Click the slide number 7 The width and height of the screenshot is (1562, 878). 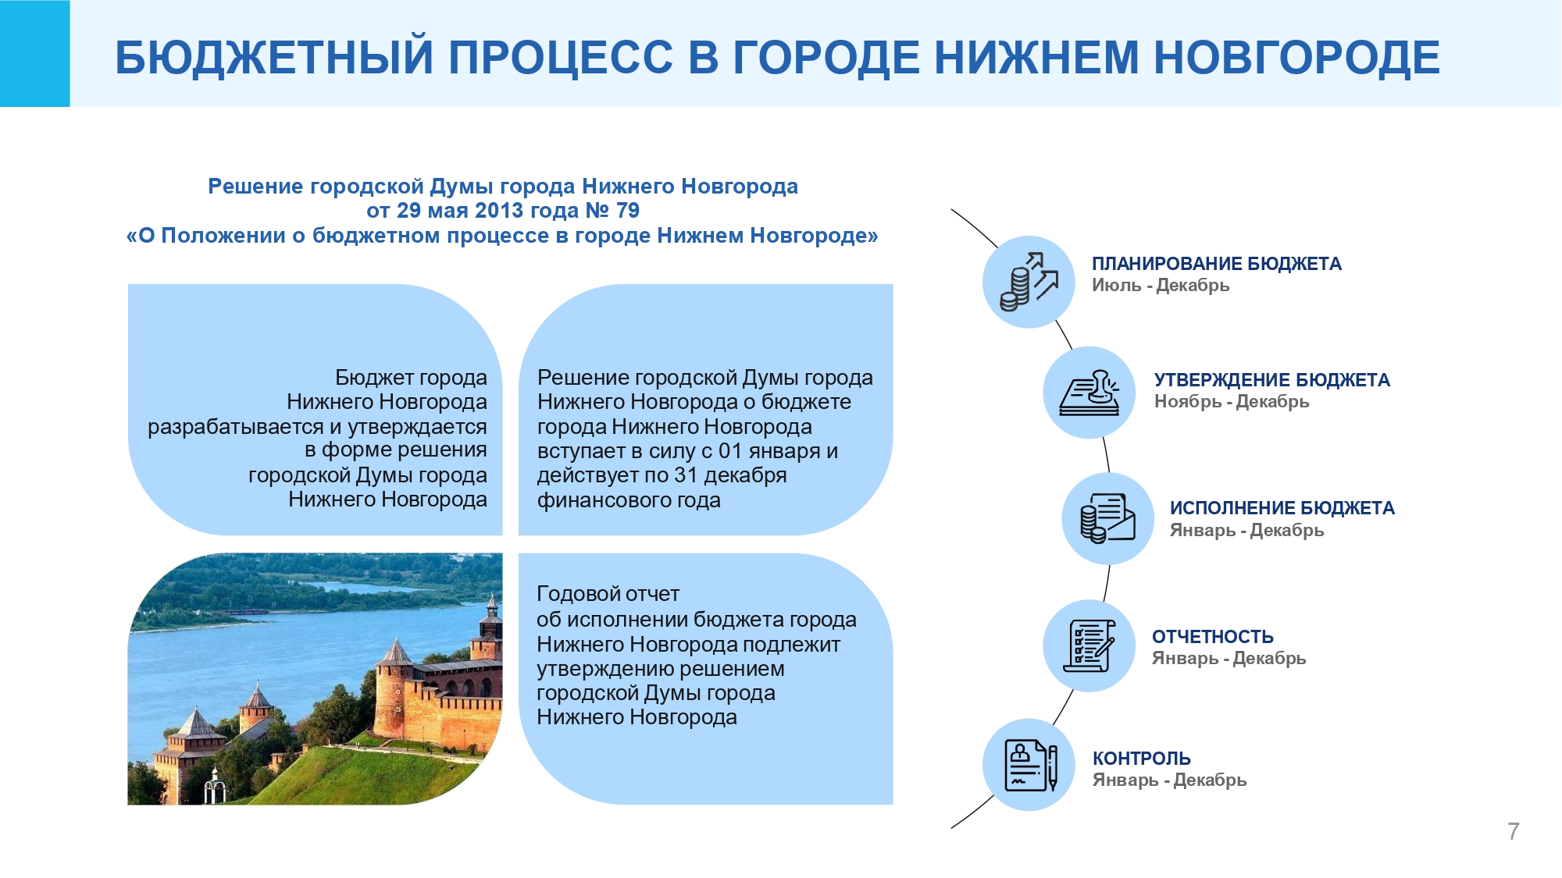pyautogui.click(x=1514, y=831)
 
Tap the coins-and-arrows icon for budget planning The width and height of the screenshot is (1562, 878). pyautogui.click(x=1029, y=282)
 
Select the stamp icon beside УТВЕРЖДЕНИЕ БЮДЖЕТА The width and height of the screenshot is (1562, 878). pyautogui.click(x=1089, y=393)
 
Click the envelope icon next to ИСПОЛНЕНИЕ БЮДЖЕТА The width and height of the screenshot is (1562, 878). pyautogui.click(x=1107, y=518)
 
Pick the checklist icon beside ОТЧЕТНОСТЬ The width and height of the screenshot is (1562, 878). pyautogui.click(x=1089, y=645)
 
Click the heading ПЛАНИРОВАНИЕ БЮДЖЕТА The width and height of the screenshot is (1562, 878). pyautogui.click(x=1217, y=264)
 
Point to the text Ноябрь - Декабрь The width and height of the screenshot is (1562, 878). pyautogui.click(x=1232, y=402)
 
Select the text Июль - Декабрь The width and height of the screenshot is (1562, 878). pyautogui.click(x=1161, y=286)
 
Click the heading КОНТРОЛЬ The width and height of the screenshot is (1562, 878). pyautogui.click(x=1141, y=759)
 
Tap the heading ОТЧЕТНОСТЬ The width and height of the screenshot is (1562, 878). pyautogui.click(x=1213, y=637)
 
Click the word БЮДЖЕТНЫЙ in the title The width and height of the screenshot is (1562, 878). pyautogui.click(x=274, y=58)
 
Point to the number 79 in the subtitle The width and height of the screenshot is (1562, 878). pyautogui.click(x=628, y=211)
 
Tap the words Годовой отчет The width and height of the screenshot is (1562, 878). pyautogui.click(x=608, y=594)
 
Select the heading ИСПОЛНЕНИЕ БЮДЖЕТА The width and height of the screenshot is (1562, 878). pyautogui.click(x=1282, y=508)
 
